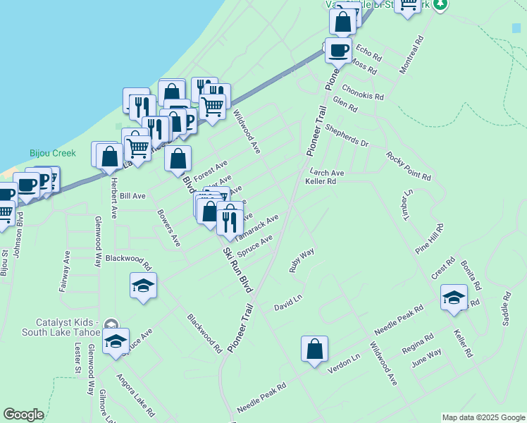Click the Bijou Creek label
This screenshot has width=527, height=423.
click(47, 152)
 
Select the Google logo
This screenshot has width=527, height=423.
click(23, 415)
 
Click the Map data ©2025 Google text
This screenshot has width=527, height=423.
click(483, 417)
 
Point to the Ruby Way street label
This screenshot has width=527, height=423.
click(302, 260)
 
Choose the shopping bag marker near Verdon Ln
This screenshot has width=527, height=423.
click(314, 348)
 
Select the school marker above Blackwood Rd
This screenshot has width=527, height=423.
click(144, 286)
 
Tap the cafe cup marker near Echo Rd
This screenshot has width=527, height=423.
click(338, 51)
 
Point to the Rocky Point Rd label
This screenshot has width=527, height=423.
click(409, 165)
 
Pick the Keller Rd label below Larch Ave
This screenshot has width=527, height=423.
click(321, 181)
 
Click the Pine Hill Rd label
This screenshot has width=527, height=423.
click(430, 239)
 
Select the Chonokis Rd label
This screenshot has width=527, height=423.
click(363, 92)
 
